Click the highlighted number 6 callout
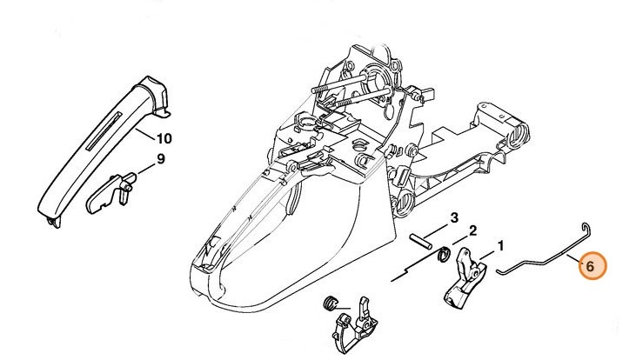click(590, 267)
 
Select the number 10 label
click(164, 137)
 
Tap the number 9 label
click(160, 158)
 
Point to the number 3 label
click(453, 217)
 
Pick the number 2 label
click(472, 230)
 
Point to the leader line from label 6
click(571, 260)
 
